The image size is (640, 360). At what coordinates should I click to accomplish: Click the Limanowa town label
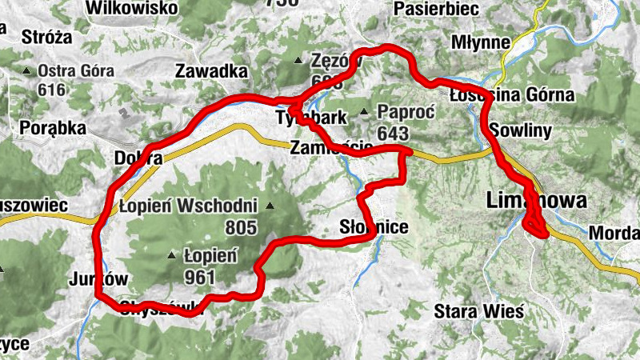536,201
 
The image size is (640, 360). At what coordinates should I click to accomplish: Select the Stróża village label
47,37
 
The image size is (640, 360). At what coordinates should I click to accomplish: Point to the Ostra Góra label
76,71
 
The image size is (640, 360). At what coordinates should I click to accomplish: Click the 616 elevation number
50,89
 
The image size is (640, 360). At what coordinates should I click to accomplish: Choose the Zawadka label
211,71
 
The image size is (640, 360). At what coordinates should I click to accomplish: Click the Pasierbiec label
436,8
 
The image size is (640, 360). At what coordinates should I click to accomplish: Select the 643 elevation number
394,132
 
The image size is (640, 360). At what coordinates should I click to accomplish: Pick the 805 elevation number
241,228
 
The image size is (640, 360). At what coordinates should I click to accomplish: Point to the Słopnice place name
374,228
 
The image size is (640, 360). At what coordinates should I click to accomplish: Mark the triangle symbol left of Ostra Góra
28,71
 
